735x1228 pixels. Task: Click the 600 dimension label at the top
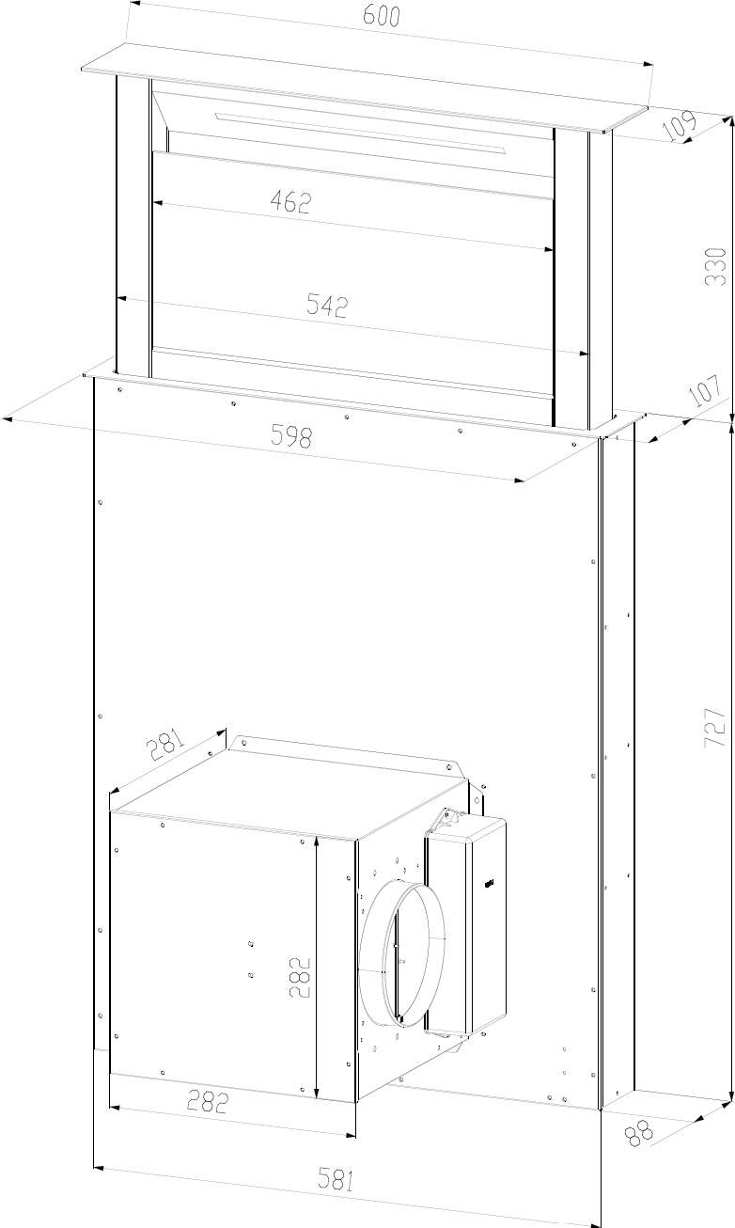[x=382, y=16]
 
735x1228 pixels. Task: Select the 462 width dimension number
[x=290, y=202]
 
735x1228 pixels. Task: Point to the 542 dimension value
[x=327, y=306]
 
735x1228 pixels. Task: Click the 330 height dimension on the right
[x=716, y=266]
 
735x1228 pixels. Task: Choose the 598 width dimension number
[x=291, y=436]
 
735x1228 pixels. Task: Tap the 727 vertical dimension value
[x=715, y=727]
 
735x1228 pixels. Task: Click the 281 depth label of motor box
[x=164, y=744]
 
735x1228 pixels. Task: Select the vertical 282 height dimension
[x=299, y=978]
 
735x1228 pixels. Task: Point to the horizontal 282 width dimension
[x=207, y=1101]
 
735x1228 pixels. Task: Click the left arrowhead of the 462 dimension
[x=158, y=203]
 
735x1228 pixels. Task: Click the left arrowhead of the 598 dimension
[x=8, y=419]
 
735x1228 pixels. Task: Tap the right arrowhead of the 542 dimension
[x=584, y=353]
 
